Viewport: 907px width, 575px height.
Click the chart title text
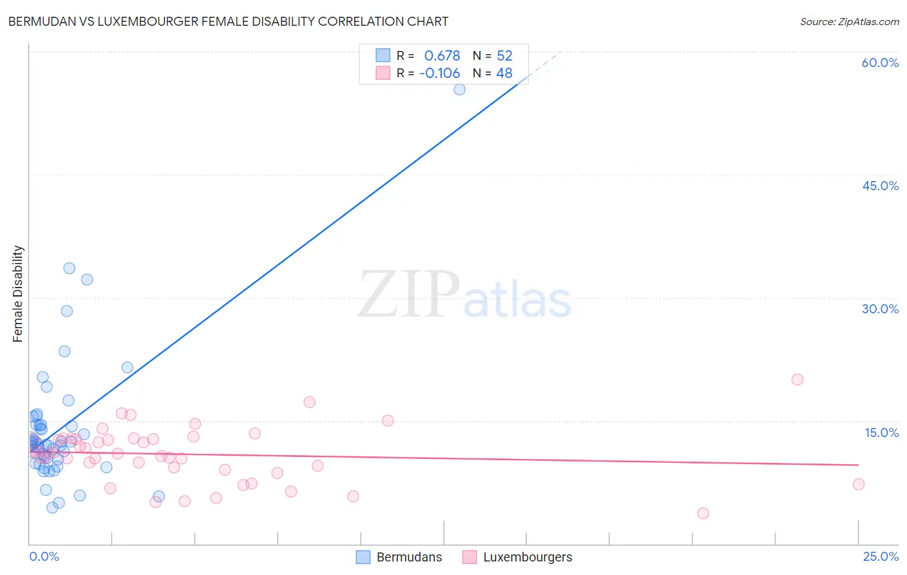[x=228, y=21]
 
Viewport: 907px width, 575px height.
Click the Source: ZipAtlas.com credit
[x=849, y=21]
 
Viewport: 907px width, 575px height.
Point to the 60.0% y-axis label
[x=880, y=63]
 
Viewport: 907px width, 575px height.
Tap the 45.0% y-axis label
[x=880, y=186]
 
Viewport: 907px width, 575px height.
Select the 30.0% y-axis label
[x=880, y=309]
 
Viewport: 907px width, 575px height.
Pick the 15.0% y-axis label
[x=881, y=433]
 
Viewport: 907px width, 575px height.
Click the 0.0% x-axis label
[x=44, y=556]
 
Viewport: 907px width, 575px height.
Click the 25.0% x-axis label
[x=881, y=556]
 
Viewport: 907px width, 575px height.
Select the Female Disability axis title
[x=18, y=293]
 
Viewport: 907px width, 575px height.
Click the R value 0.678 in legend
[x=442, y=56]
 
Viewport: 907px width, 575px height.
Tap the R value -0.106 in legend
[x=439, y=73]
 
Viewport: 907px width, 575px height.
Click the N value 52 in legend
[x=504, y=56]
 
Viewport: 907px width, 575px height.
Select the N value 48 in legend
[x=504, y=73]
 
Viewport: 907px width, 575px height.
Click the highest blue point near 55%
[x=459, y=90]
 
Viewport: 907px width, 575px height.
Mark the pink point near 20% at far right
[x=797, y=380]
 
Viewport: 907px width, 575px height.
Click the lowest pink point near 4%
[x=703, y=513]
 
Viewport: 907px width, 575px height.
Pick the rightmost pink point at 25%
[x=859, y=484]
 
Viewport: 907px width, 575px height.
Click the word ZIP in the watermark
[x=409, y=295]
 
